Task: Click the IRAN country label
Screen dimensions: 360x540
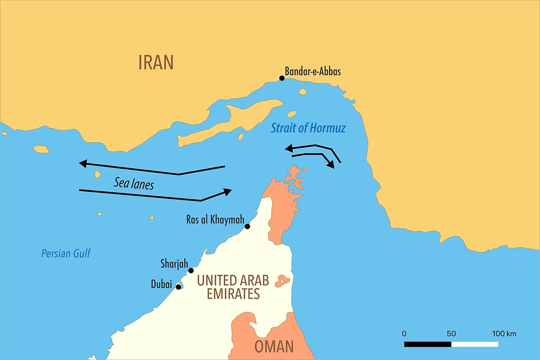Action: [x=155, y=62]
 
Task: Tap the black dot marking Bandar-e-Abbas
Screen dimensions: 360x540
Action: [x=282, y=78]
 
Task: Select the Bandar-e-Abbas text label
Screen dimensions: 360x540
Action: [x=313, y=71]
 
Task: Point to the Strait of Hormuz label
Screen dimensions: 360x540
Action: [x=309, y=128]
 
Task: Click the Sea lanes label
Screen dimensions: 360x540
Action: [x=134, y=184]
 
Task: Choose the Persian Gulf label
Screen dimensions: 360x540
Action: [x=66, y=254]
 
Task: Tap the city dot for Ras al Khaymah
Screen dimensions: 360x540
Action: [x=247, y=226]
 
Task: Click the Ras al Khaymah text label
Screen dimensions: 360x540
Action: [x=215, y=221]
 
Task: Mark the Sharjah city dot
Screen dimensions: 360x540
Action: [x=191, y=270]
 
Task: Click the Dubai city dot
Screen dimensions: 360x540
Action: [x=178, y=287]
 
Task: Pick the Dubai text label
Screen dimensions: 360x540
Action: [x=161, y=284]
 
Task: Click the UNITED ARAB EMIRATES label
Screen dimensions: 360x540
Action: [x=233, y=287]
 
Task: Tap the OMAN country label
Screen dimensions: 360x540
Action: [x=274, y=347]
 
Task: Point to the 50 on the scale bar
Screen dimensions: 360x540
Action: [x=451, y=334]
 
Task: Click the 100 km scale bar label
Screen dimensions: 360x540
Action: [x=504, y=334]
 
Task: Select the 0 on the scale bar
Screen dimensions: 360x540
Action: [x=404, y=334]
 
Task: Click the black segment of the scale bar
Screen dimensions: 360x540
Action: [x=428, y=344]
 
